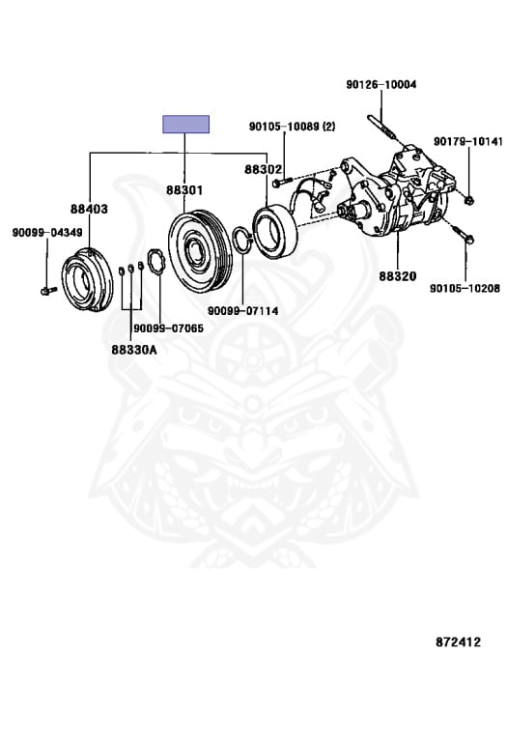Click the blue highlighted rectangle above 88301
[185, 124]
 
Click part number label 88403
[90, 209]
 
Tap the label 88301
[184, 190]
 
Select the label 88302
[263, 169]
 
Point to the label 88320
[397, 276]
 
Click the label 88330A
[134, 350]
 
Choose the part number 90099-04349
[47, 232]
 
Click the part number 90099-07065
[168, 328]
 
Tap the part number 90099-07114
[243, 311]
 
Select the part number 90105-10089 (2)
[293, 127]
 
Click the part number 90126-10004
[381, 85]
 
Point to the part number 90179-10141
[468, 141]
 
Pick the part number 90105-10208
[465, 288]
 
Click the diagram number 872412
[458, 642]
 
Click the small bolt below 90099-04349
[47, 290]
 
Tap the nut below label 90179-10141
[468, 201]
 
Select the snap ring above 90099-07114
[242, 240]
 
